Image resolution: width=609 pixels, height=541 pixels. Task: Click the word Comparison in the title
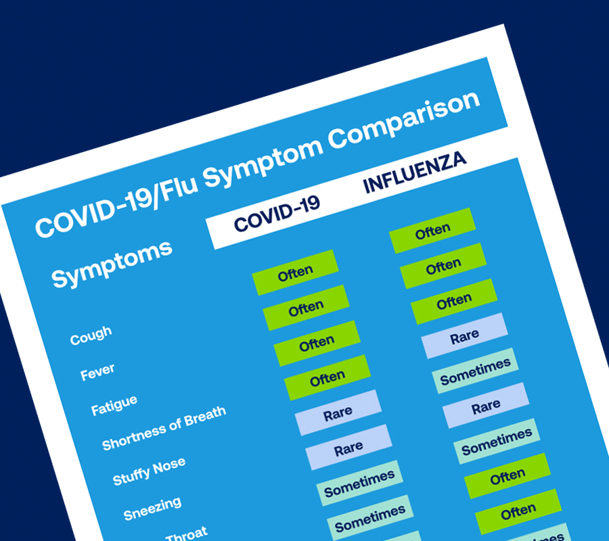pos(403,120)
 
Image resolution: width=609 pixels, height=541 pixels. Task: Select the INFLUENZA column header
pos(414,172)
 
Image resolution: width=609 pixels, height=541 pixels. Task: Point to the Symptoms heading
pos(112,263)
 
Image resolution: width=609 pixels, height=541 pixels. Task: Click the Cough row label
pos(91,335)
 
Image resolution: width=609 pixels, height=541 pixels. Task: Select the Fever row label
pos(97,371)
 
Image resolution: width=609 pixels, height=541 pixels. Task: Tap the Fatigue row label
pos(114,405)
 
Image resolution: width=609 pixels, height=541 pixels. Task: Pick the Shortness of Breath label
pos(164,427)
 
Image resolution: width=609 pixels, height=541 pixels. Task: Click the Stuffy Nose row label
pos(149,471)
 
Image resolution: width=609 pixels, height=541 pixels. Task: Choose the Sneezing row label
pos(152,508)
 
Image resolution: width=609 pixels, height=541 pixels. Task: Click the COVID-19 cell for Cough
pos(295,273)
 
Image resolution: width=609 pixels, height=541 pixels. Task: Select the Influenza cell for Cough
pos(432,231)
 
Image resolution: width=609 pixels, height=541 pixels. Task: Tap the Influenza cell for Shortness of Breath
pos(464,336)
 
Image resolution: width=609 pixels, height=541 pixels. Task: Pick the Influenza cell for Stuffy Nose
pos(476,371)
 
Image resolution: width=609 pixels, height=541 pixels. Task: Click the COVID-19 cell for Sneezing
pos(348,448)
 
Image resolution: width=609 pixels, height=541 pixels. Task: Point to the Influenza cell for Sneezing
pos(486,406)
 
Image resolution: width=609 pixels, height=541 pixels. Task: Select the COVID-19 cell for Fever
pos(306,308)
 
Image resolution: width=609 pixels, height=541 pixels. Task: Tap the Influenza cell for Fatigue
pos(454,302)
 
